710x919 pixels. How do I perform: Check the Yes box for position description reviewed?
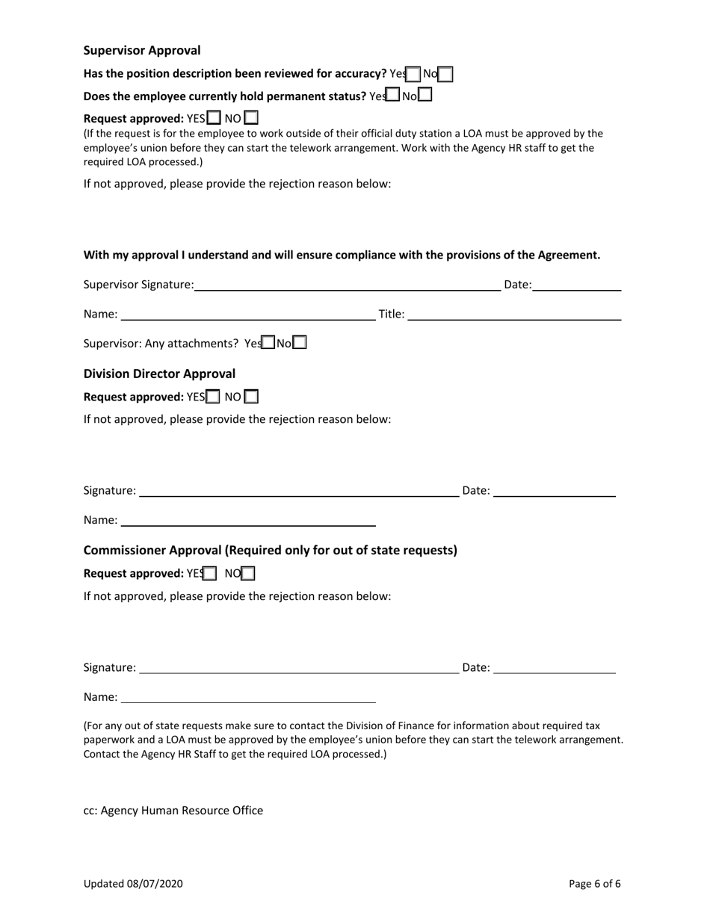(x=413, y=74)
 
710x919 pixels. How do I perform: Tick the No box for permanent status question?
(x=425, y=95)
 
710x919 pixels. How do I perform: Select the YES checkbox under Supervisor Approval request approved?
(x=214, y=118)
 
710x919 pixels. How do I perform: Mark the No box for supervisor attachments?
(x=299, y=343)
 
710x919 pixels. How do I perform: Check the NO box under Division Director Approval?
(x=252, y=397)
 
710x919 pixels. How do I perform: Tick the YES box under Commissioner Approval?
(x=211, y=574)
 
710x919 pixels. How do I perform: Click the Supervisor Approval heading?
(x=142, y=51)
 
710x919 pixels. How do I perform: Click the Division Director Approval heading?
(x=159, y=374)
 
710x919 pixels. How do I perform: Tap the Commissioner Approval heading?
(x=270, y=551)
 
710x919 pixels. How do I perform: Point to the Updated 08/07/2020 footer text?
(x=133, y=884)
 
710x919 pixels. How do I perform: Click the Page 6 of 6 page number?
(x=594, y=884)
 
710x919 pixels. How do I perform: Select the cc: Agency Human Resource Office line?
(x=173, y=811)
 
